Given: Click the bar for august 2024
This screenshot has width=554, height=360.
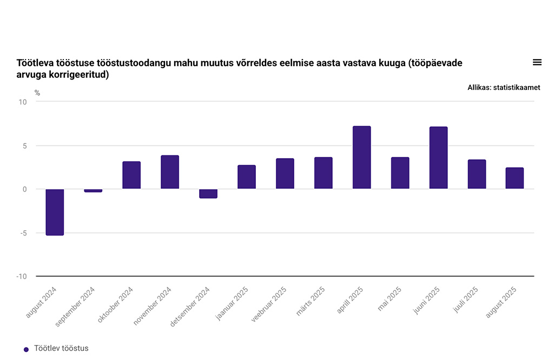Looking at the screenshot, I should tap(55, 212).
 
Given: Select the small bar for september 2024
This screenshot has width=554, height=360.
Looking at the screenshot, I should tap(93, 191).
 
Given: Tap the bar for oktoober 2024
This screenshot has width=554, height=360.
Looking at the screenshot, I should tap(131, 175).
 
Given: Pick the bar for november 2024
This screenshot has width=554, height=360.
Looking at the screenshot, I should tap(170, 172).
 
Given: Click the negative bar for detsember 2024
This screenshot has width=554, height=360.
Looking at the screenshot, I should tap(208, 194).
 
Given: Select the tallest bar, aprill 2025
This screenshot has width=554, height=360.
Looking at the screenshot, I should tap(361, 158).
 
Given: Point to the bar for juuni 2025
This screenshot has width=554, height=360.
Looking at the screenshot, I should tap(438, 158).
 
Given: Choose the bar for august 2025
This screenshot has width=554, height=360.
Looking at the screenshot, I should tap(515, 178).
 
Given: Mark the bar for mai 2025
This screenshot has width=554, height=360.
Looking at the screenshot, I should tap(400, 173).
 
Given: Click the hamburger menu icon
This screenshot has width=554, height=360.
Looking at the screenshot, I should tap(537, 62).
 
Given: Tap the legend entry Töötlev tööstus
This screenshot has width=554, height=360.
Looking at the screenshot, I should tap(61, 349).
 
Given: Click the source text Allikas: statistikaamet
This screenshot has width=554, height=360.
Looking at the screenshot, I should tap(504, 87).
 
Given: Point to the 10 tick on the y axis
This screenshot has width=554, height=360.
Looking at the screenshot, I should tap(23, 102).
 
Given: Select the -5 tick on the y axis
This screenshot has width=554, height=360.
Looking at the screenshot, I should tap(23, 233).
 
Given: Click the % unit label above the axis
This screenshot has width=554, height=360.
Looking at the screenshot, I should tap(37, 93).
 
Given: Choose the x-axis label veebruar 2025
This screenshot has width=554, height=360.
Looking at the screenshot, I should tap(269, 305).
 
